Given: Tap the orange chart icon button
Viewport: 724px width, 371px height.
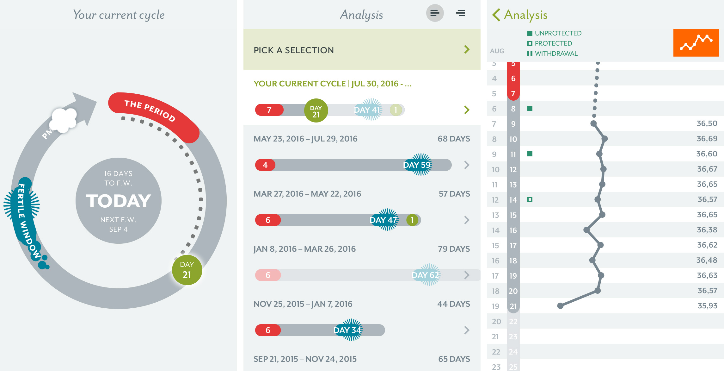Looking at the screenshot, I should (x=696, y=43).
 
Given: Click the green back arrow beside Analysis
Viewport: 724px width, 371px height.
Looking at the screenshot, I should (x=496, y=15).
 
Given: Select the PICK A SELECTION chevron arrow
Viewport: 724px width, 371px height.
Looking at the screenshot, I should (x=467, y=49).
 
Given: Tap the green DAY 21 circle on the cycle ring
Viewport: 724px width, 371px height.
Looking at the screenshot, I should (x=187, y=270).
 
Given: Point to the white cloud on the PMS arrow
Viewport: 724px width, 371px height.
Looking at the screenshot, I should (x=64, y=119).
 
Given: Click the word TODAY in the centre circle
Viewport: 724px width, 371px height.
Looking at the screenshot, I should (x=119, y=201).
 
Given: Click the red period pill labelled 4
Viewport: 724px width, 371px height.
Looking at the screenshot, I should (x=265, y=165).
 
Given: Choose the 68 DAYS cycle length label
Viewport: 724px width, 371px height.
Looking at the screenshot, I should (x=454, y=139).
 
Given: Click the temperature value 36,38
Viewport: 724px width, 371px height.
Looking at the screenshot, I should (x=707, y=230).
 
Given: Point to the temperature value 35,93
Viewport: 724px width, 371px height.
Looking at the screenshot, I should (x=707, y=306).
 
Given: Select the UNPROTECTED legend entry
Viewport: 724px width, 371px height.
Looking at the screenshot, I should (x=555, y=33).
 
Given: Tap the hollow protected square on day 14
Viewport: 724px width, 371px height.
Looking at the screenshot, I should (x=530, y=199).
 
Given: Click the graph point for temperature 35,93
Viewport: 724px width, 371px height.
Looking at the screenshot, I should (x=560, y=306).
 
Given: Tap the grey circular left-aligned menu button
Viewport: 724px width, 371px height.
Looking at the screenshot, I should (x=435, y=13).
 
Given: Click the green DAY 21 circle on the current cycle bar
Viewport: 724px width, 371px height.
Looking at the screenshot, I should (x=316, y=110).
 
